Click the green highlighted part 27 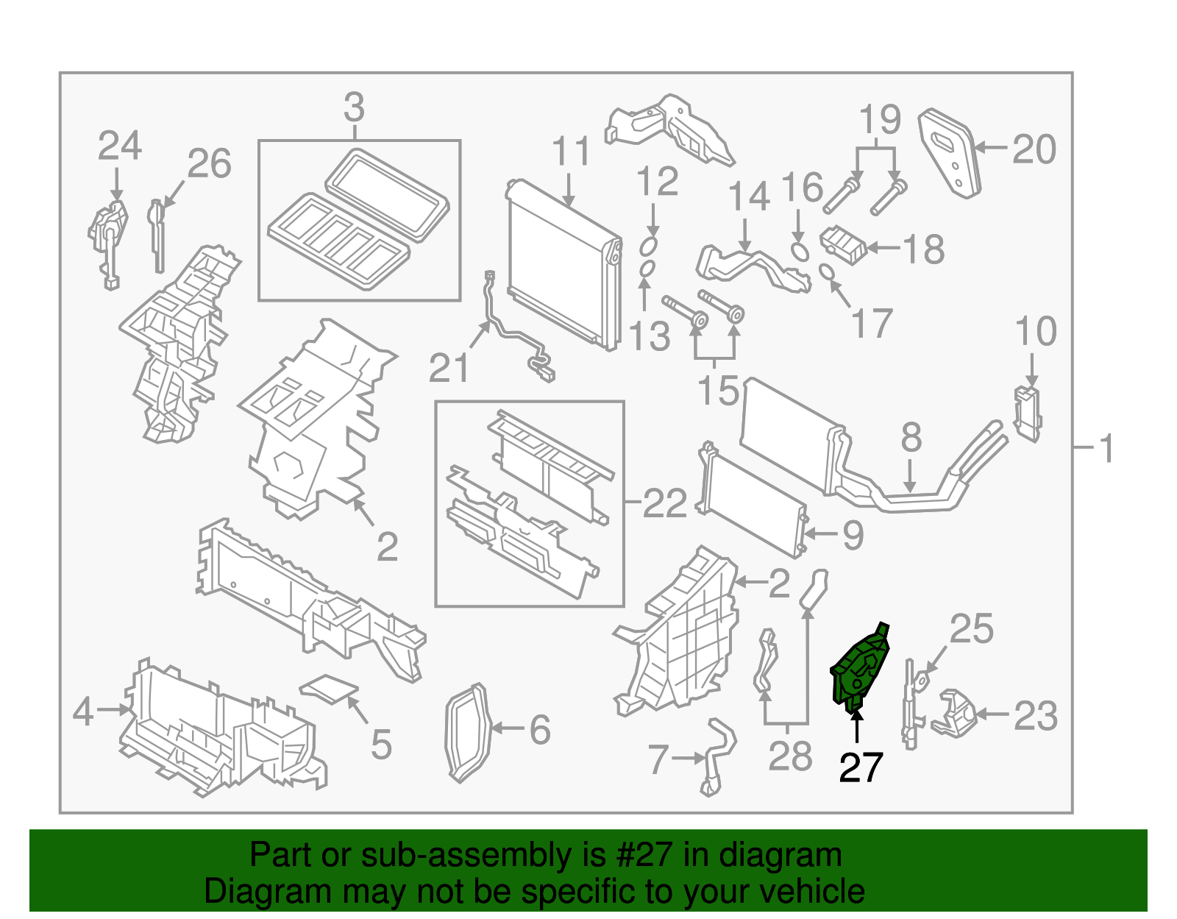click(859, 670)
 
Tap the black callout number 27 click(860, 768)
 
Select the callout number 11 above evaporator click(571, 152)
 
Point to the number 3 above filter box click(354, 108)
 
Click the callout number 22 click(664, 504)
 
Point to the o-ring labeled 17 click(827, 273)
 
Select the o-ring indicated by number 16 click(800, 251)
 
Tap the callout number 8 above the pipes click(911, 439)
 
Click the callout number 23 click(1036, 715)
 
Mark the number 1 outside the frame click(1106, 449)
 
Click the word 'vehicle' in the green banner click(811, 892)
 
